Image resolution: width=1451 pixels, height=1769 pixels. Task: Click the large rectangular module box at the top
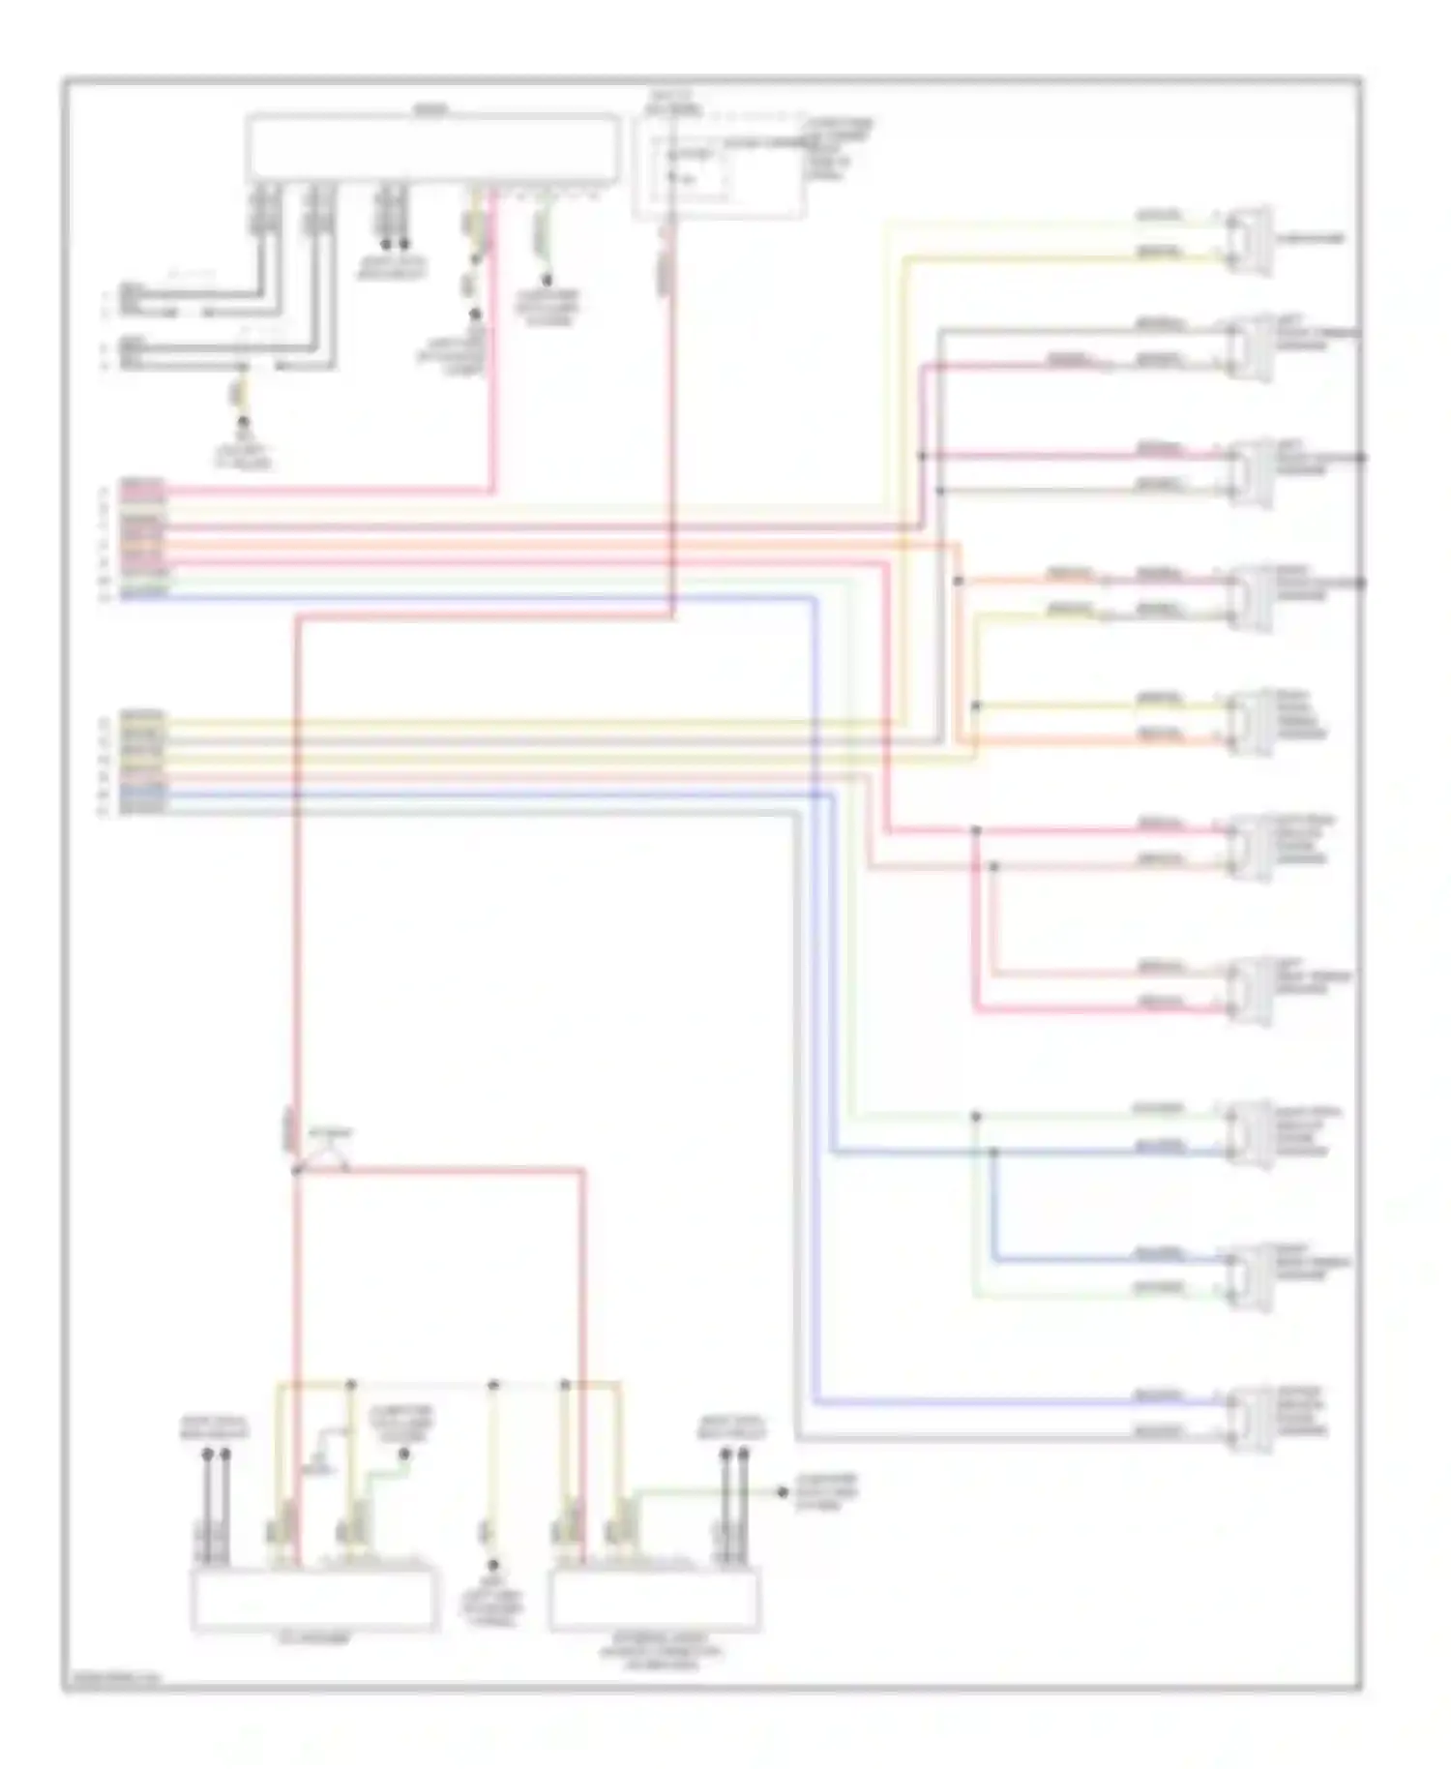click(x=431, y=147)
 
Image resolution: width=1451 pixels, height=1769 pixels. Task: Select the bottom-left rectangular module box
click(x=311, y=1600)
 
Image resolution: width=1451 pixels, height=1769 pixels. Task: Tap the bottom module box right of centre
click(x=654, y=1600)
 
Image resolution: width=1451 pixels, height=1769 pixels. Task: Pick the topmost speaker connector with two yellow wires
click(x=1248, y=239)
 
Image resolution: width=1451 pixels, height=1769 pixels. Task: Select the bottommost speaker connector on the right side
click(x=1248, y=1419)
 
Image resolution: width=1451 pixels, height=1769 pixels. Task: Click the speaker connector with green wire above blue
click(x=1248, y=1133)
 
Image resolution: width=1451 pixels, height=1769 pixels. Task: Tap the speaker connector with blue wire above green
click(x=1248, y=1274)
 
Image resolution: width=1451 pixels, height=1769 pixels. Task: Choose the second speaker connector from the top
click(x=1248, y=346)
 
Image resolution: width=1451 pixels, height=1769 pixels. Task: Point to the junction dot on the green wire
click(x=975, y=1116)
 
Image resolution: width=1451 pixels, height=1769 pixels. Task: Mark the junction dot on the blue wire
click(x=993, y=1152)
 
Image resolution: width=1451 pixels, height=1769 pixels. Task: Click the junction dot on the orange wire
click(x=958, y=582)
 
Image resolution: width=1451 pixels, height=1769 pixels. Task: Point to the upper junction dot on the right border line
click(x=1360, y=458)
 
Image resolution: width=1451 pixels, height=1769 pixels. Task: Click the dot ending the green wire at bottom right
click(x=783, y=1492)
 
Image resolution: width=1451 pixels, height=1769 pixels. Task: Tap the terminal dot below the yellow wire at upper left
click(x=243, y=424)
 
